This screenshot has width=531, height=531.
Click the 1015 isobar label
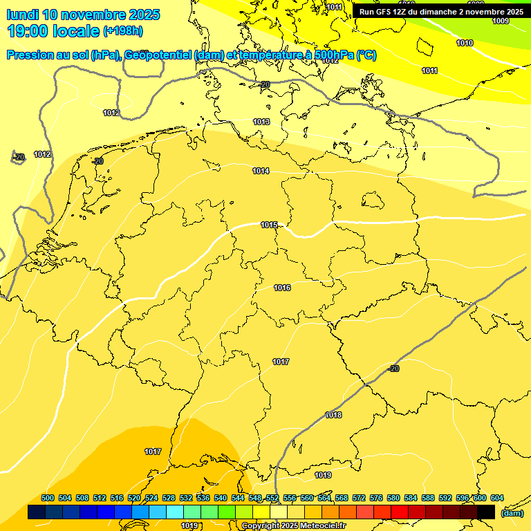(x=269, y=225)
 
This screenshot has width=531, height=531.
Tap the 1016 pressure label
(x=282, y=288)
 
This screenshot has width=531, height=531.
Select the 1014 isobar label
(x=261, y=171)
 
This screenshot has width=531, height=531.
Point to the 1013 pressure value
(x=261, y=122)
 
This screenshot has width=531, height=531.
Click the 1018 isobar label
(x=333, y=415)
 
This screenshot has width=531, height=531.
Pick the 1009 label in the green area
(x=501, y=21)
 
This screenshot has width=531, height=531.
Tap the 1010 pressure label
(x=465, y=43)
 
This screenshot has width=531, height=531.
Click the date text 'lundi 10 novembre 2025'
(x=83, y=15)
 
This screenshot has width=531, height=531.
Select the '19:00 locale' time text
(x=53, y=30)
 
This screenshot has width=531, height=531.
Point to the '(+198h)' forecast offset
(x=123, y=31)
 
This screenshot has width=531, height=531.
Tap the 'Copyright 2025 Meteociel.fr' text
(x=294, y=526)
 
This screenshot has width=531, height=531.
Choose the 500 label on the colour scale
(x=48, y=498)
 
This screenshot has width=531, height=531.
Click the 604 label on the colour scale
(x=497, y=498)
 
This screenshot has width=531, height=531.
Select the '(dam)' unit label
(x=512, y=513)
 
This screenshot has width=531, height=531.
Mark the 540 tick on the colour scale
(x=221, y=498)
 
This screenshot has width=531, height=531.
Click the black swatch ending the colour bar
(x=486, y=512)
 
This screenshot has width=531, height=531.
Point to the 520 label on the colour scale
(x=134, y=498)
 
